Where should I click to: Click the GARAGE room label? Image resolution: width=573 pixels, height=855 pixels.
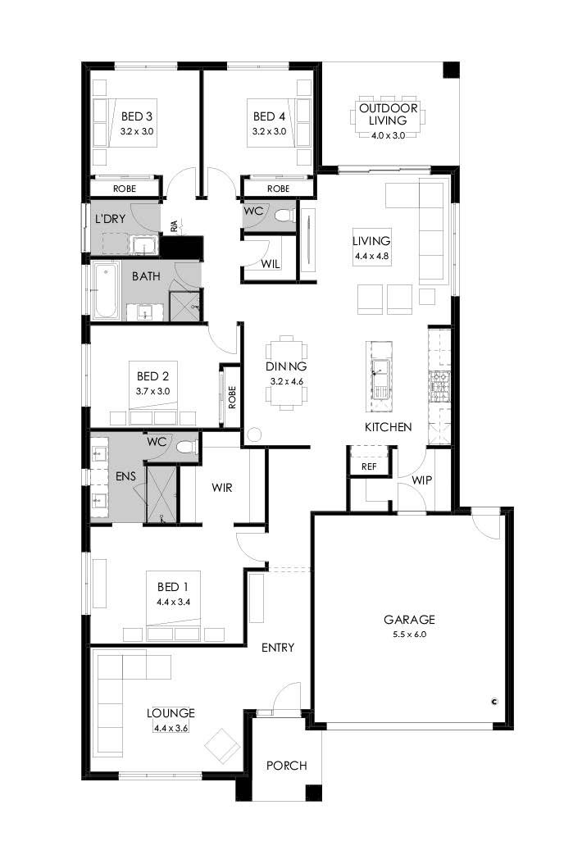click(x=409, y=620)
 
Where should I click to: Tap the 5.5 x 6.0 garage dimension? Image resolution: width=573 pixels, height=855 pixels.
click(x=409, y=634)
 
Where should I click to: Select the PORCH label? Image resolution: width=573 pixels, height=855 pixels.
click(x=287, y=766)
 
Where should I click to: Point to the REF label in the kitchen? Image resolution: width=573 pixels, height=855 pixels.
click(x=369, y=466)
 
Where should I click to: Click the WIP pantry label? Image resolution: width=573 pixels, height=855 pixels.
click(x=421, y=480)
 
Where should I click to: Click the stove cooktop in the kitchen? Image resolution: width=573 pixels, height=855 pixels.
click(x=439, y=379)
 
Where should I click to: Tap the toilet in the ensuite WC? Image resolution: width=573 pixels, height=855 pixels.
click(x=186, y=447)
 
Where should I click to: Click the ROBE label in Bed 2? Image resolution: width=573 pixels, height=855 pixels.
click(x=232, y=398)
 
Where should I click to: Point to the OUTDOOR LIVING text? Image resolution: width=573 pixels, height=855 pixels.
click(x=389, y=114)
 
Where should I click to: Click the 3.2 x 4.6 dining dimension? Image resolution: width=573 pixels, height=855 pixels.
click(x=286, y=381)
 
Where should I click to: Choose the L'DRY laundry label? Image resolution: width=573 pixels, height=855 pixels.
click(x=110, y=219)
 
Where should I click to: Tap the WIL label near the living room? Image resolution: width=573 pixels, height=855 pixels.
click(x=270, y=264)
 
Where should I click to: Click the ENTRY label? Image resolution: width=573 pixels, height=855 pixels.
click(x=278, y=648)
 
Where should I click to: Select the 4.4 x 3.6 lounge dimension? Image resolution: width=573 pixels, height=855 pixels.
click(x=171, y=728)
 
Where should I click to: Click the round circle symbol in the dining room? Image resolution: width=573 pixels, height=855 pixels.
click(x=254, y=435)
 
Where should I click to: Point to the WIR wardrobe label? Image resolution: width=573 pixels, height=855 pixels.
click(x=222, y=488)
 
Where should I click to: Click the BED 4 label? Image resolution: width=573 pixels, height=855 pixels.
click(x=269, y=116)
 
